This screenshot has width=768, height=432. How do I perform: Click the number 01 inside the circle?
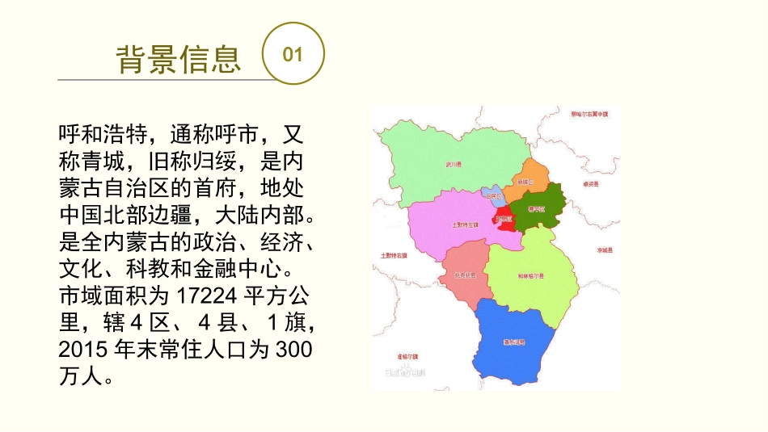pyautogui.click(x=293, y=54)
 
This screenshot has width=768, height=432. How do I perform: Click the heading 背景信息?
pyautogui.click(x=179, y=58)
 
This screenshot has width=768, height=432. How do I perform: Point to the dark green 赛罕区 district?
pyautogui.click(x=538, y=208)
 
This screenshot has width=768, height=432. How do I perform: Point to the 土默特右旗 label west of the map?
pyautogui.click(x=394, y=256)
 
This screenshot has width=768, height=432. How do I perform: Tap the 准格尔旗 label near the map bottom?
pyautogui.click(x=408, y=355)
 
